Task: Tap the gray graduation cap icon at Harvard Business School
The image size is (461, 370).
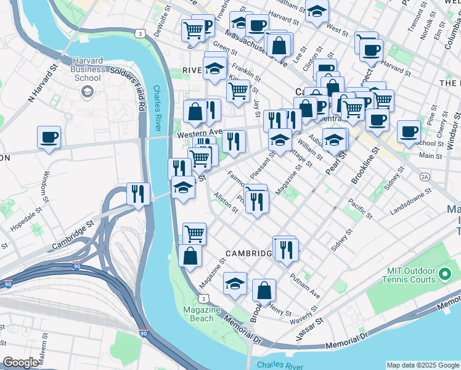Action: point(87,91)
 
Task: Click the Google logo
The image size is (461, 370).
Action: point(20,362)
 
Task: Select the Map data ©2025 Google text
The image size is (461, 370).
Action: point(423,365)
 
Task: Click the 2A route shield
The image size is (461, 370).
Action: point(424,176)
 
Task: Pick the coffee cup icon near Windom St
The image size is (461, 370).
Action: point(49,138)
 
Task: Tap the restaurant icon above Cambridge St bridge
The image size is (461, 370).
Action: point(138,194)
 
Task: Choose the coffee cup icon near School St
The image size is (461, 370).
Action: point(408,131)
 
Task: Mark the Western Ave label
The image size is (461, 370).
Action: point(199,133)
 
